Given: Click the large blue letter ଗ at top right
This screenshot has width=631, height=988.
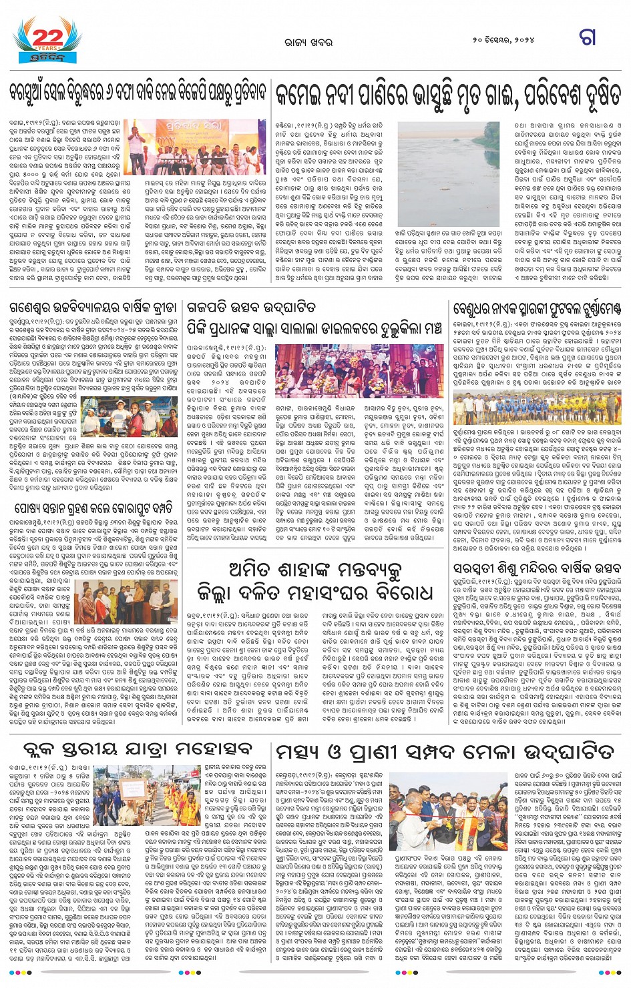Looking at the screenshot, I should pos(588,37).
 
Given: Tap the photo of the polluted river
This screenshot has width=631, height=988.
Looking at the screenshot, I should pos(448,175).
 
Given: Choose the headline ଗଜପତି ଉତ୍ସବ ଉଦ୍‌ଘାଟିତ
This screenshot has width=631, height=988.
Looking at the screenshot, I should pos(251,308).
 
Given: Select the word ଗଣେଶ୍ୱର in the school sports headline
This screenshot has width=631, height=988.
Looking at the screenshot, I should pos(34,308).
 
